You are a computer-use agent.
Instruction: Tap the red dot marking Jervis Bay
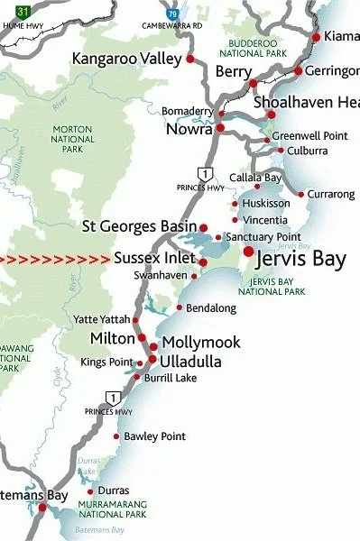click(x=248, y=251)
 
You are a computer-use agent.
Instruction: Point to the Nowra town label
click(x=189, y=130)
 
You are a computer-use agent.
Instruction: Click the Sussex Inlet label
click(x=155, y=258)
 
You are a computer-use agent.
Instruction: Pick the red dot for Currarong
click(x=301, y=194)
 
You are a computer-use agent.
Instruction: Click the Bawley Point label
click(x=154, y=436)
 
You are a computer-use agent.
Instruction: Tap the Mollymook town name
click(x=199, y=344)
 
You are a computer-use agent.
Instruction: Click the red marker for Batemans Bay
click(x=42, y=508)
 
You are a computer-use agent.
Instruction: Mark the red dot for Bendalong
click(x=180, y=307)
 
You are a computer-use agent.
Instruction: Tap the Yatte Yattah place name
click(x=102, y=319)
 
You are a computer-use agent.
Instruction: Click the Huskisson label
click(x=264, y=204)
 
